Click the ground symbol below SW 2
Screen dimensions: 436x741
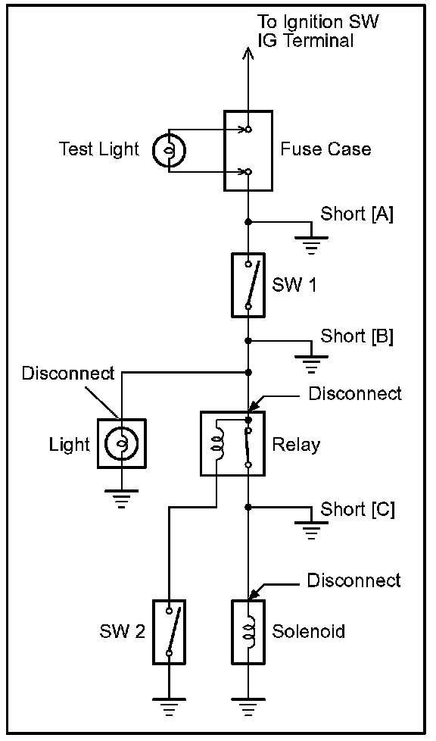coord(169,707)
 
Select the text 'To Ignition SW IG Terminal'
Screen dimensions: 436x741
coord(318,31)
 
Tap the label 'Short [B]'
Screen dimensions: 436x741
coord(357,336)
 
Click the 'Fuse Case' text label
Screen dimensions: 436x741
coord(326,149)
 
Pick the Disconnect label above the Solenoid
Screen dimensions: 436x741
coord(353,580)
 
